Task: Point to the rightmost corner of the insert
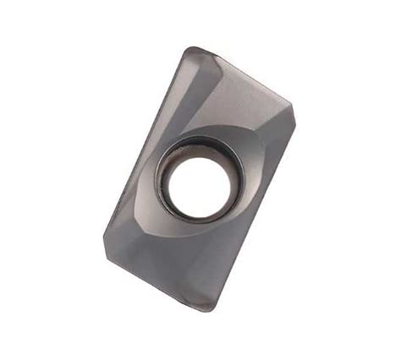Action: (293, 109)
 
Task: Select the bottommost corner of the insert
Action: (211, 309)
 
